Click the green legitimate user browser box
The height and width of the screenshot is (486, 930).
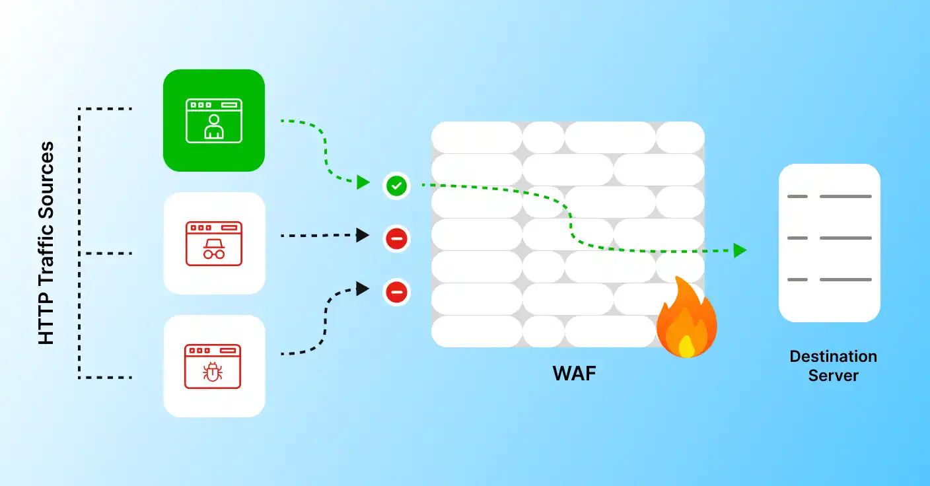pyautogui.click(x=214, y=120)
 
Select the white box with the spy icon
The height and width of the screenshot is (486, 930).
pyautogui.click(x=214, y=243)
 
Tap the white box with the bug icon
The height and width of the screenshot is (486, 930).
pyautogui.click(x=214, y=366)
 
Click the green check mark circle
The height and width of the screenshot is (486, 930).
pyautogui.click(x=396, y=186)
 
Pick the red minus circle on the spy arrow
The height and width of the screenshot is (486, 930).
pyautogui.click(x=396, y=238)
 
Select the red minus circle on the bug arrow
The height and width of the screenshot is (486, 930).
pyautogui.click(x=396, y=291)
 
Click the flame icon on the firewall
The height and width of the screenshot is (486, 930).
pyautogui.click(x=686, y=318)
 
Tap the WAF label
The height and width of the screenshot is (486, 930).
pyautogui.click(x=574, y=374)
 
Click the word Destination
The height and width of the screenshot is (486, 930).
pyautogui.click(x=833, y=357)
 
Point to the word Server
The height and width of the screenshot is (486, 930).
pyautogui.click(x=833, y=376)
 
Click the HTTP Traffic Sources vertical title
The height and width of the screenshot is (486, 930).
pyautogui.click(x=46, y=243)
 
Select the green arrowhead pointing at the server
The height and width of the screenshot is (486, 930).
pyautogui.click(x=740, y=250)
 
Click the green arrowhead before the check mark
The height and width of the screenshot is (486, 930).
pyautogui.click(x=363, y=182)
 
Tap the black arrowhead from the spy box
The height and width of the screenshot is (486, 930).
pyautogui.click(x=363, y=234)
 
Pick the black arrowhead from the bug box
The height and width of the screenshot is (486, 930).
pyautogui.click(x=363, y=288)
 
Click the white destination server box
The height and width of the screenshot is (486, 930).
pyautogui.click(x=829, y=242)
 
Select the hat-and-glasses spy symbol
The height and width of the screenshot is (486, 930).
pyautogui.click(x=213, y=249)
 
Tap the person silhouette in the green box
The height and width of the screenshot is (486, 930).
pyautogui.click(x=213, y=127)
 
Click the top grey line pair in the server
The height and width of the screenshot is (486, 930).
pyautogui.click(x=829, y=196)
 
